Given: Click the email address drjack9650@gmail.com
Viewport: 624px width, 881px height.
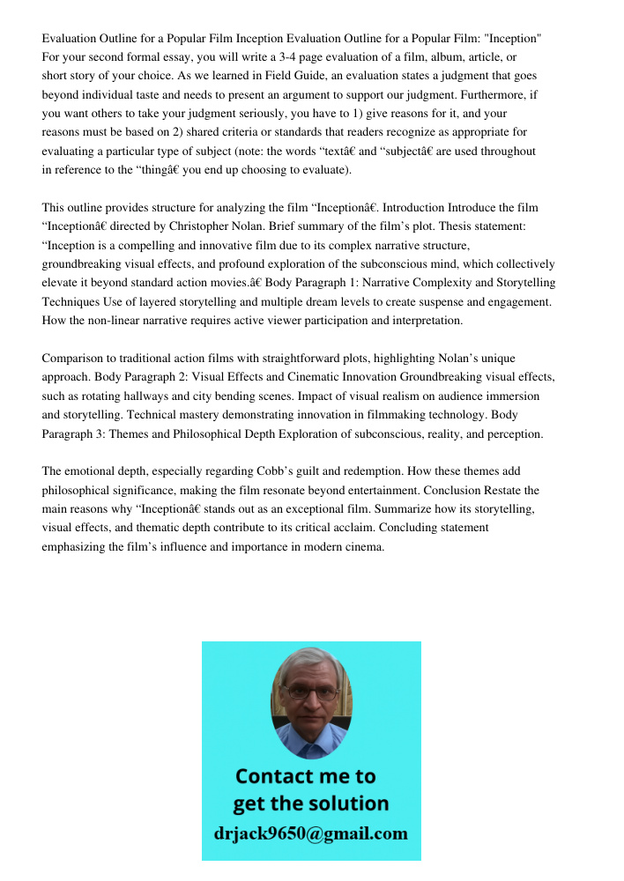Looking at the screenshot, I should [x=310, y=833].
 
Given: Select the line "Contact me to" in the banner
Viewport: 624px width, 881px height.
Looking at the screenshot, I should [x=305, y=776].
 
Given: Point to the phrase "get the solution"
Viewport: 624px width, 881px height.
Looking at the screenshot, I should [x=310, y=803].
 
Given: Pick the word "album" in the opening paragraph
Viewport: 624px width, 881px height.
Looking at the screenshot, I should [x=419, y=57].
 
